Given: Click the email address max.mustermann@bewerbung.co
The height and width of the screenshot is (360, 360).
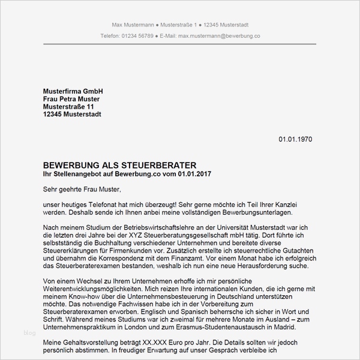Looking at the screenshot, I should pos(210,36).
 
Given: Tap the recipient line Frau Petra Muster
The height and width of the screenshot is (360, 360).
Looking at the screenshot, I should pos(71,98).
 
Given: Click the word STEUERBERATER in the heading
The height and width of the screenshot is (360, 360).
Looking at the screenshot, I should pos(158,165).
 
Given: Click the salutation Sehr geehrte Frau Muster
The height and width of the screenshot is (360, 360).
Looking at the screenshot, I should pos(82,190).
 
